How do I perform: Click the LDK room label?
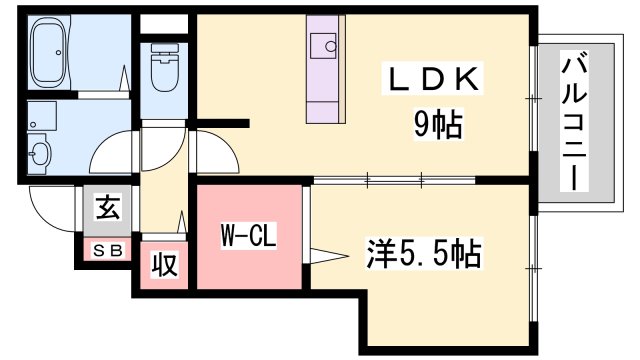tap(436, 80)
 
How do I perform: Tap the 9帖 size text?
tap(437, 124)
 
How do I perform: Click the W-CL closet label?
tap(247, 239)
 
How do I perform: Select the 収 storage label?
tap(165, 265)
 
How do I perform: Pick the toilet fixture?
tap(163, 69)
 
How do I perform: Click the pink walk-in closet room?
tap(249, 236)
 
